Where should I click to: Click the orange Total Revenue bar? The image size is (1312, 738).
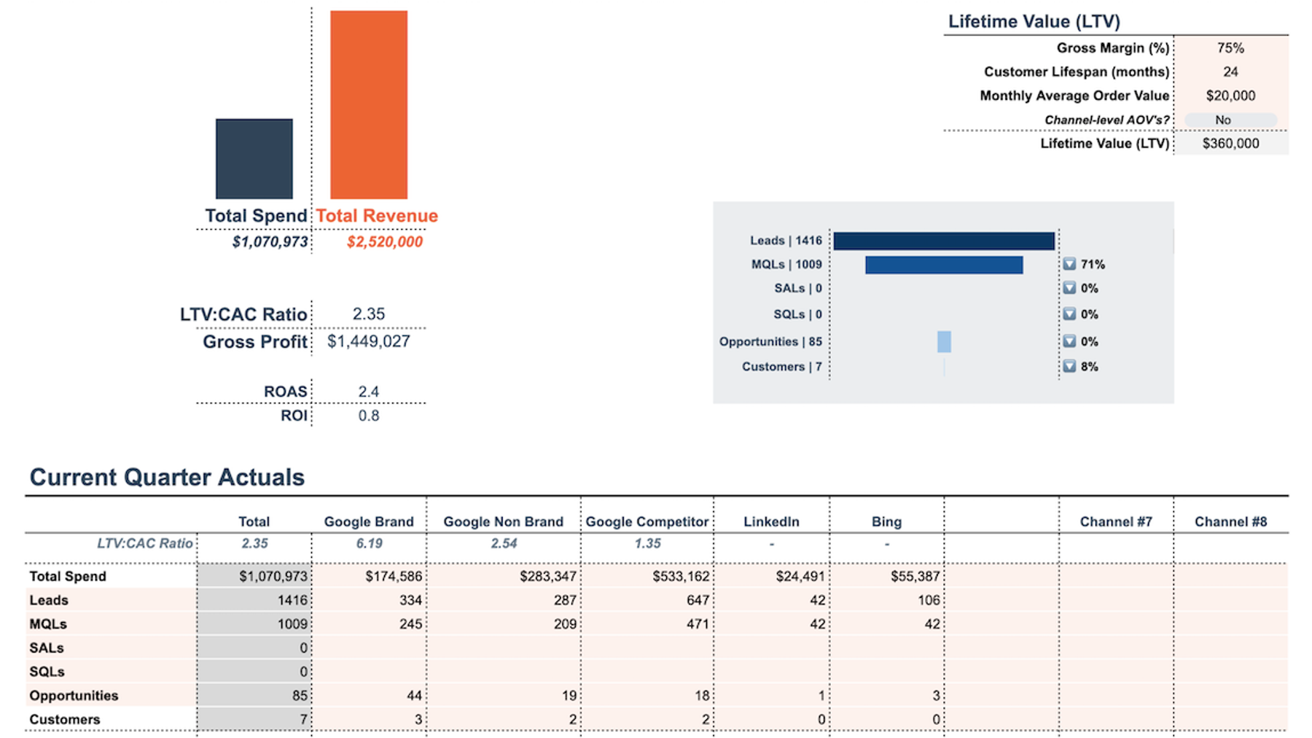(368, 104)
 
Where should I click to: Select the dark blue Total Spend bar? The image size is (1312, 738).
(254, 158)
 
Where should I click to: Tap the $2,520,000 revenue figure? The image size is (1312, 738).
(384, 242)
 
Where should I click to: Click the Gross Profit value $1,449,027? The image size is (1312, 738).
(368, 341)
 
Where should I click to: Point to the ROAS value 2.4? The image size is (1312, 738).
(368, 392)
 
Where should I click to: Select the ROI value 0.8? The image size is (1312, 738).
(368, 416)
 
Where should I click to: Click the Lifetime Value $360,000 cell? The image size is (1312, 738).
(1230, 144)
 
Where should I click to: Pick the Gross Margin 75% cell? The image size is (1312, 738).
(1230, 48)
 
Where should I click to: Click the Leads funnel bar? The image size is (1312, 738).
(943, 241)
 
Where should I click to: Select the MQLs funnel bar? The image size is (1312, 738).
(943, 265)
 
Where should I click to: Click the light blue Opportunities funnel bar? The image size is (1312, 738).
(944, 341)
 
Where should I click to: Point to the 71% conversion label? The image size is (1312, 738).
(1092, 265)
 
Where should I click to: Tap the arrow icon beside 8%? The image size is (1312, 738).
(1069, 366)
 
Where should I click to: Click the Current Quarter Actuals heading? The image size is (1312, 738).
(167, 477)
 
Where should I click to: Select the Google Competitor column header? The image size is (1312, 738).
(647, 521)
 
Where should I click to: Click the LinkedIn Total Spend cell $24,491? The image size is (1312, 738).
(800, 576)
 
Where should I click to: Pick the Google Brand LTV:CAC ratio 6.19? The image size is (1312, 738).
(369, 543)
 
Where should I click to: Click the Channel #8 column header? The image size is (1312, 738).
(1230, 521)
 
